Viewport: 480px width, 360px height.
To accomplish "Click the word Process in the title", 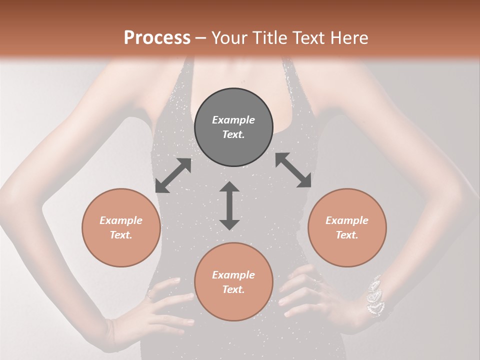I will [157, 38].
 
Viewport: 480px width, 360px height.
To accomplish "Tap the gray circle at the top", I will [233, 127].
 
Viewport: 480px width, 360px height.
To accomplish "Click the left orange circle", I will [121, 227].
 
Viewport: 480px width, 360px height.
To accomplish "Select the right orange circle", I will [347, 227].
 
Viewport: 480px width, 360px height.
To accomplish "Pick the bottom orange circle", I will [233, 282].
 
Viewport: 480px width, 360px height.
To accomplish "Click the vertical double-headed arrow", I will [229, 205].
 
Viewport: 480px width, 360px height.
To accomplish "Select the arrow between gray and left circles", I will [173, 175].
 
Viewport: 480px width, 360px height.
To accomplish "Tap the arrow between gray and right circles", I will [293, 170].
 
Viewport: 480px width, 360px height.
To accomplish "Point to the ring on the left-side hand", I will [149, 296].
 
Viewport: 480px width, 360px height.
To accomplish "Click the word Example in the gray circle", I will [233, 120].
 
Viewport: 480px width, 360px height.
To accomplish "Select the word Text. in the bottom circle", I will [233, 289].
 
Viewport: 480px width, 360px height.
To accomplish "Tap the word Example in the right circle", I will [347, 220].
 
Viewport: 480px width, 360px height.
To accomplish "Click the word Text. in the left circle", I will [121, 235].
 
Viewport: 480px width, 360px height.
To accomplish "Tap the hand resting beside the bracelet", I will [320, 295].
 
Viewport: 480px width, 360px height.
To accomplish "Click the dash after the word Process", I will [200, 38].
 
